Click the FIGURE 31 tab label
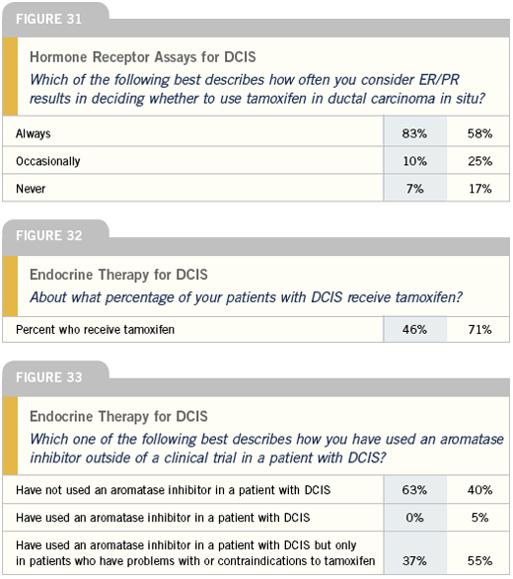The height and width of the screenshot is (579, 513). click(x=48, y=19)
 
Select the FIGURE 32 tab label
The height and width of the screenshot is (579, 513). click(x=48, y=235)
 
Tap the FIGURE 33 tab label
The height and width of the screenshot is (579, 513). click(x=48, y=377)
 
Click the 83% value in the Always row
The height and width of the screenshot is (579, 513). click(x=414, y=133)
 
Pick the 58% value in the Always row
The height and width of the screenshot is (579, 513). click(x=479, y=133)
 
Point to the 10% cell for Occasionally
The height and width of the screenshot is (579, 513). click(x=415, y=161)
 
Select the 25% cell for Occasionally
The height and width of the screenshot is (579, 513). click(x=479, y=161)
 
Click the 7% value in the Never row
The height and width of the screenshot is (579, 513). click(x=415, y=189)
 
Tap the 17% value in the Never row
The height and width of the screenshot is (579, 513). click(x=479, y=189)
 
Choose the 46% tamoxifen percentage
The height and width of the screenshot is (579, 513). click(x=414, y=329)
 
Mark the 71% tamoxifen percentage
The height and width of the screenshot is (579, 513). click(x=479, y=329)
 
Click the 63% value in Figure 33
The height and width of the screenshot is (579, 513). click(x=414, y=490)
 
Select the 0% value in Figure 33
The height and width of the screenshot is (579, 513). click(x=414, y=518)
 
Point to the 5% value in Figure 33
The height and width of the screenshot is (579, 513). click(x=479, y=518)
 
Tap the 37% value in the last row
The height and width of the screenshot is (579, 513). click(x=414, y=561)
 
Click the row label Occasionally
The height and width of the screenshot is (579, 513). click(x=48, y=161)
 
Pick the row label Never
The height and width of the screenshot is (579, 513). click(x=31, y=189)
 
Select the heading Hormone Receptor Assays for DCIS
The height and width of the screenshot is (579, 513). click(x=143, y=57)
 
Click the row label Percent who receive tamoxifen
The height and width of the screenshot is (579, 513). click(x=95, y=329)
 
